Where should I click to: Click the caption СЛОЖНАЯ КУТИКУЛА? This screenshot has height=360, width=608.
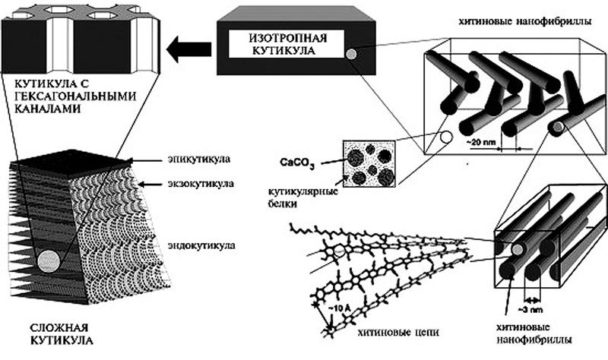37,338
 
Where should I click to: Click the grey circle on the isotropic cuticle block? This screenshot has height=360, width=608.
351,55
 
